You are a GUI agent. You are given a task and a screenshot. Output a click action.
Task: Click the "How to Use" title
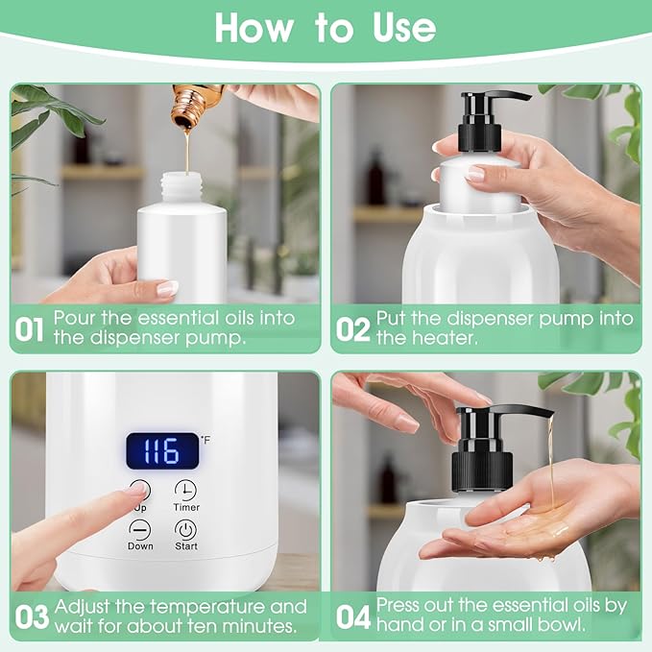tap(326, 29)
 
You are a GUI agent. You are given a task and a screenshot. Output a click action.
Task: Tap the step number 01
tap(30, 329)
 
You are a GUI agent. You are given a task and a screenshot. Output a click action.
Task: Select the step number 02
tap(352, 329)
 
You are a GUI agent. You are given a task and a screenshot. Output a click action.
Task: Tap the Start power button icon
tap(185, 530)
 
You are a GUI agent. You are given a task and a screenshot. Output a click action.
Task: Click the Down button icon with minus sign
tap(140, 529)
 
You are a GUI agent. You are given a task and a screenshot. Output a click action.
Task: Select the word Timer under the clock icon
tap(186, 507)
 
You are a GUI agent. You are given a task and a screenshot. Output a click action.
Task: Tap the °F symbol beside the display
tap(205, 440)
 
